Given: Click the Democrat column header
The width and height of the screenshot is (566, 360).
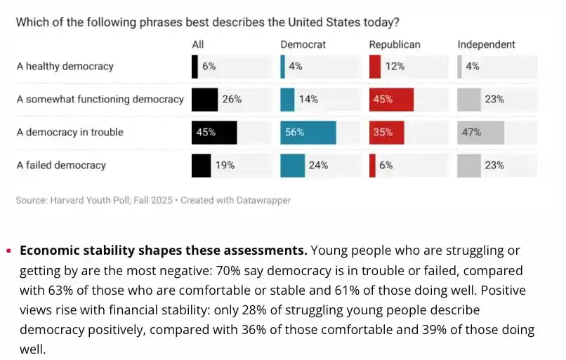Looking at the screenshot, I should click(x=303, y=44).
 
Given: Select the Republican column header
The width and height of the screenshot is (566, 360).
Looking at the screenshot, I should click(x=395, y=44).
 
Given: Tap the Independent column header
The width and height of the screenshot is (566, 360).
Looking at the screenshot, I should click(x=486, y=44).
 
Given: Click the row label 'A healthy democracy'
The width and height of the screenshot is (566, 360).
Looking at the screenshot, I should click(x=65, y=67).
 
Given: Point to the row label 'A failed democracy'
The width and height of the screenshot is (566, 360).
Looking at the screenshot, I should click(x=61, y=166).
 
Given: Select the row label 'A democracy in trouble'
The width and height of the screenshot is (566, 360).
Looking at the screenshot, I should click(x=70, y=133).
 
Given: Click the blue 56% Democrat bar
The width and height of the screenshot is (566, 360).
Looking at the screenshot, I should click(x=308, y=133).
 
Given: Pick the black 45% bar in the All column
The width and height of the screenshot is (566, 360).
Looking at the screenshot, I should click(x=214, y=133).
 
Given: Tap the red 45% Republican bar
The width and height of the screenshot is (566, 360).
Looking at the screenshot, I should click(x=391, y=100).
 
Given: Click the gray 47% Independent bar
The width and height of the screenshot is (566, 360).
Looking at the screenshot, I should click(x=480, y=133).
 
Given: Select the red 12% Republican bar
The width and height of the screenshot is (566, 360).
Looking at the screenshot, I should click(x=375, y=67).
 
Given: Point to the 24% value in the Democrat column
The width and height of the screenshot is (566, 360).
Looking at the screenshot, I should click(x=318, y=166).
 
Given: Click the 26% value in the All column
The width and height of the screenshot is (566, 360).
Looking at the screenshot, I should click(x=232, y=100).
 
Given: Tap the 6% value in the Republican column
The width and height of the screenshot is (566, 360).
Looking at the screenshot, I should click(x=386, y=166).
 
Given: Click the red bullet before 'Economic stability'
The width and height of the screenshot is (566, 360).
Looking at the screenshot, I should click(x=8, y=251).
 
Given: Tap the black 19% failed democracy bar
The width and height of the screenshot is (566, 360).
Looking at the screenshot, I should click(x=201, y=166).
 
